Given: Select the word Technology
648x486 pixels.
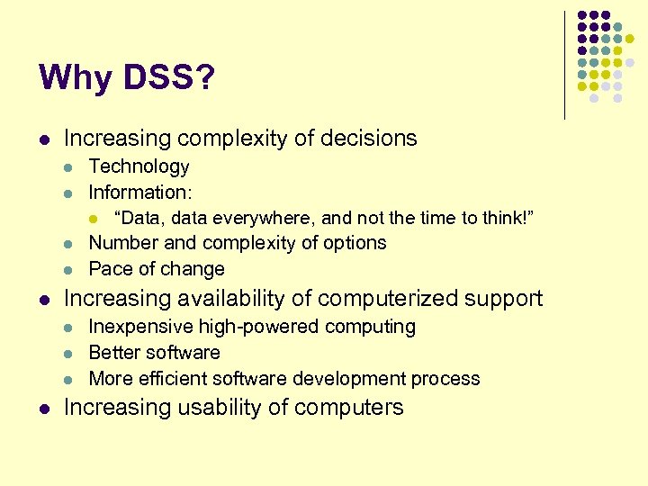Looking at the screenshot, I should (139, 166).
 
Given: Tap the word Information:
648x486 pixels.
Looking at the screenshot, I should (140, 192).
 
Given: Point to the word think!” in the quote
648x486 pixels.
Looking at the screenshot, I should (506, 217).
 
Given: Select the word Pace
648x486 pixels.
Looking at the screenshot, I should (108, 269).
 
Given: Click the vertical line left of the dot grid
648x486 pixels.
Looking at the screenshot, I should (564, 65).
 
